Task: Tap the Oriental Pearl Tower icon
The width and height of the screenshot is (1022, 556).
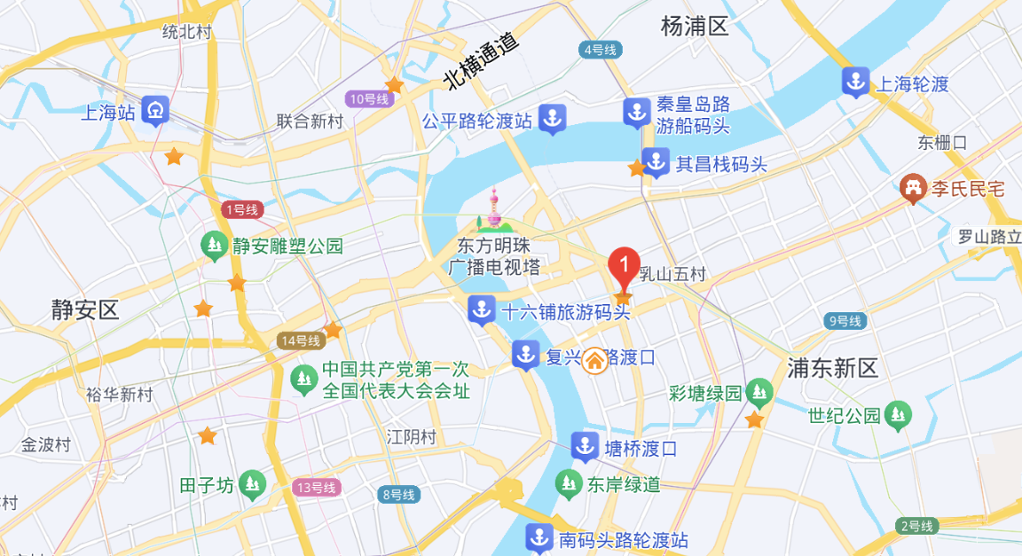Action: (x=494, y=213)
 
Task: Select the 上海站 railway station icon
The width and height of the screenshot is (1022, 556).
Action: (x=156, y=112)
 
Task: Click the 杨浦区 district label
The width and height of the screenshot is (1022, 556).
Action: (x=695, y=27)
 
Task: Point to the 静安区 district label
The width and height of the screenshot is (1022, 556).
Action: (x=85, y=309)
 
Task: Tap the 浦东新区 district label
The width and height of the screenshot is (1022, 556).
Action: (x=832, y=368)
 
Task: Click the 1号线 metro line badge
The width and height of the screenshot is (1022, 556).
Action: (x=241, y=210)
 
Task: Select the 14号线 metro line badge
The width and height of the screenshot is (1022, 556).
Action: (x=299, y=341)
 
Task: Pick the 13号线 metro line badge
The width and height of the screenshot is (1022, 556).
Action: (x=316, y=487)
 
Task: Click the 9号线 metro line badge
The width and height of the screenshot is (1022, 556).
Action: (x=844, y=321)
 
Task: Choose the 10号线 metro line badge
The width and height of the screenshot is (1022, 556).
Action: (x=369, y=98)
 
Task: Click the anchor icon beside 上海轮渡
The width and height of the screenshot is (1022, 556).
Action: (x=855, y=82)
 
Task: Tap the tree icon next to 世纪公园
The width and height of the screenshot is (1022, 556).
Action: (x=900, y=415)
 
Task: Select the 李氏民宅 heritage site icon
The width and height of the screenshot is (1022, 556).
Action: (x=911, y=188)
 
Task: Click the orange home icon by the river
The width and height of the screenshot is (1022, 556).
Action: (x=594, y=360)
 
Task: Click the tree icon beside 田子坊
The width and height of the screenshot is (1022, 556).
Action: (x=253, y=484)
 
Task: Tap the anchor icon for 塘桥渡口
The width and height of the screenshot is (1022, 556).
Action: (x=585, y=447)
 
